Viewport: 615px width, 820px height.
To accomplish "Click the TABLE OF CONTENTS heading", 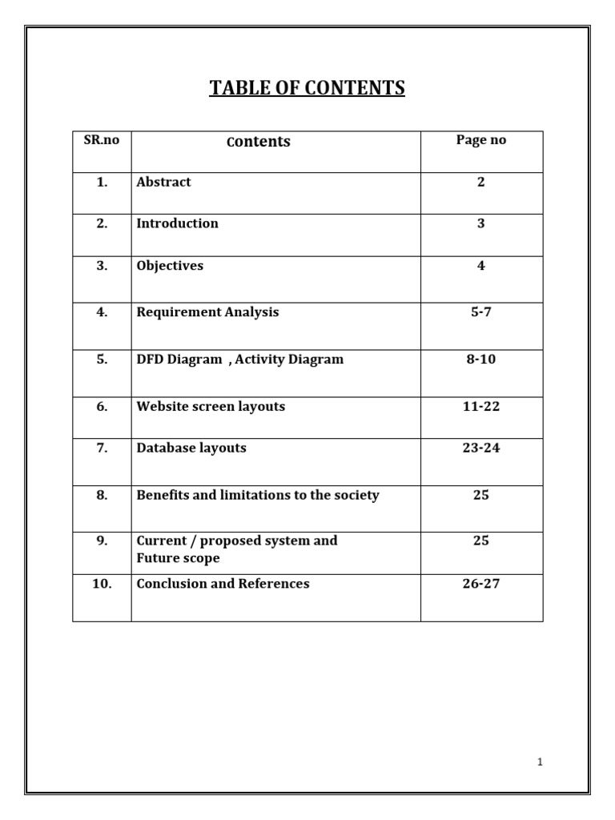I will click(x=307, y=87).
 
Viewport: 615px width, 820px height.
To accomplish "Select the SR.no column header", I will click(x=102, y=140).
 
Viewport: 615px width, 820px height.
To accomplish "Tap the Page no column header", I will click(x=481, y=140).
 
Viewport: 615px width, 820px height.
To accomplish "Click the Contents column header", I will click(x=259, y=142).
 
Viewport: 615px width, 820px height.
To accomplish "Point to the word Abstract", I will click(x=163, y=182).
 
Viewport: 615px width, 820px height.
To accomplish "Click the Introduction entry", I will click(x=177, y=223).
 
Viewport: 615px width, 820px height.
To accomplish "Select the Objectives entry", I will click(x=170, y=266).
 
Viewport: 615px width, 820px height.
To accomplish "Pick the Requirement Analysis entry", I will click(x=207, y=312).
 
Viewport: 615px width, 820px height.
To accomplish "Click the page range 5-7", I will click(x=481, y=312).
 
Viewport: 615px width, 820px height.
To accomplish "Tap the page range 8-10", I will click(x=481, y=360).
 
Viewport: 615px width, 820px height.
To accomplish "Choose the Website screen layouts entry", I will click(x=211, y=407).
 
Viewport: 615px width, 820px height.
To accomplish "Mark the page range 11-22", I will click(x=481, y=407).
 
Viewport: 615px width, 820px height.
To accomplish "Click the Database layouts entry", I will click(x=191, y=448).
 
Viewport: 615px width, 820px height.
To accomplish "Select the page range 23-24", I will click(x=481, y=448).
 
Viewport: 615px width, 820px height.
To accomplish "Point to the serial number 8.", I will click(x=102, y=495).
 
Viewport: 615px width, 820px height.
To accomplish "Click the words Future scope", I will click(x=178, y=558).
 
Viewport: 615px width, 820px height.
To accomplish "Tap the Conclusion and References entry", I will click(x=223, y=584).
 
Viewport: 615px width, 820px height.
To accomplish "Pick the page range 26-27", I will click(x=481, y=584).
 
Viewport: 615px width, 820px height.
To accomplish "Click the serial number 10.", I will click(x=102, y=584).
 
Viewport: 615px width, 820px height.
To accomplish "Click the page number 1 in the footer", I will click(x=541, y=762).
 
